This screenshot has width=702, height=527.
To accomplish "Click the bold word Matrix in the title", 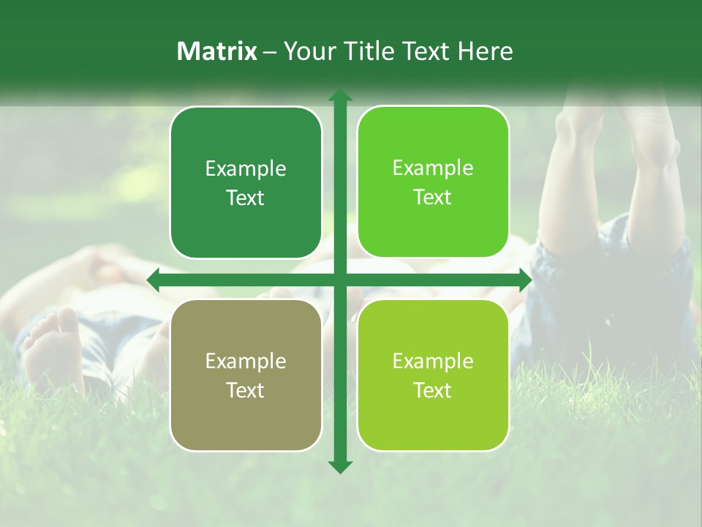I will [x=217, y=51].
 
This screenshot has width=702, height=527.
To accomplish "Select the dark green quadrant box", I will [x=246, y=182].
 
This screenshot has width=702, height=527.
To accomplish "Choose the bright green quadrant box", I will [x=433, y=182].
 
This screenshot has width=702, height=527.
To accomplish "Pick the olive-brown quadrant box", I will [x=246, y=375].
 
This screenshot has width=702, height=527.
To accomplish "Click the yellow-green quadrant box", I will [x=433, y=375].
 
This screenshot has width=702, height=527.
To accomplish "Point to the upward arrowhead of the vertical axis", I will [x=339, y=97].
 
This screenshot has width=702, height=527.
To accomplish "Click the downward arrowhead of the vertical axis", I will [x=339, y=466].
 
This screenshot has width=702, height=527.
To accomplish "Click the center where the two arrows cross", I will [x=339, y=280].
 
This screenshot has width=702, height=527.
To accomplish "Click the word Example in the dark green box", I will [x=246, y=169].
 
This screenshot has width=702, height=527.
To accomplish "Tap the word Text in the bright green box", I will [x=433, y=198].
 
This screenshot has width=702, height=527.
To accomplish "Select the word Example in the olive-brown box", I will [x=246, y=362].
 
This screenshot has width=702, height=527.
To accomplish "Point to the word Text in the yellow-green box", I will [x=433, y=390].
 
